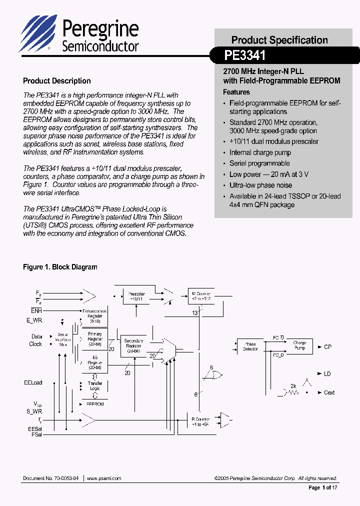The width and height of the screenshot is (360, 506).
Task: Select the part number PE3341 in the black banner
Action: click(245, 54)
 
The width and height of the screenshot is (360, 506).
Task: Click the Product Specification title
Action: click(279, 40)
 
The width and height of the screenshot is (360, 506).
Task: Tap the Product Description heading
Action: click(57, 81)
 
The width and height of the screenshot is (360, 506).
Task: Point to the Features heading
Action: click(236, 92)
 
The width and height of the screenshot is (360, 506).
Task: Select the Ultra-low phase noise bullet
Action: click(260, 185)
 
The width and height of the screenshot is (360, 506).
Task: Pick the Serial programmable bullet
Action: click(259, 163)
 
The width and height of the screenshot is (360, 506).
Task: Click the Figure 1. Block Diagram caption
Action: click(60, 267)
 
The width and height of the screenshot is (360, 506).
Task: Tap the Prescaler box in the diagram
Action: click(136, 297)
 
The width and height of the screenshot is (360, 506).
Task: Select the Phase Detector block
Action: click(250, 346)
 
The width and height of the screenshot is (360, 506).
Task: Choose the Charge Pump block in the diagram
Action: click(299, 346)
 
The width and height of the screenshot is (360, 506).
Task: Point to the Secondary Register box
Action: click(133, 345)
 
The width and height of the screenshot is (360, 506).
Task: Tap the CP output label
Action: click(327, 346)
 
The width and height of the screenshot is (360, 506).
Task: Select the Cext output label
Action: click(329, 392)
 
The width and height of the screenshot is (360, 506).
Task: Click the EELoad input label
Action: click(33, 382)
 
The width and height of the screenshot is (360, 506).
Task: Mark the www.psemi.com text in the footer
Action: click(104, 478)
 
